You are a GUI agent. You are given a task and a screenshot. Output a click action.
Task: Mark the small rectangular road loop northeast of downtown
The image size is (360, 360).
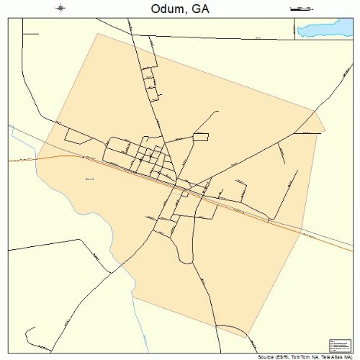[x=200, y=137]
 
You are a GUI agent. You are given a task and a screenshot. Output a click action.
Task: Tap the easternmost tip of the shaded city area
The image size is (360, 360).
[x=325, y=130]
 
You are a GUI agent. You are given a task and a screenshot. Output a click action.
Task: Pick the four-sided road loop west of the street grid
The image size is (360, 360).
[x=76, y=135]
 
